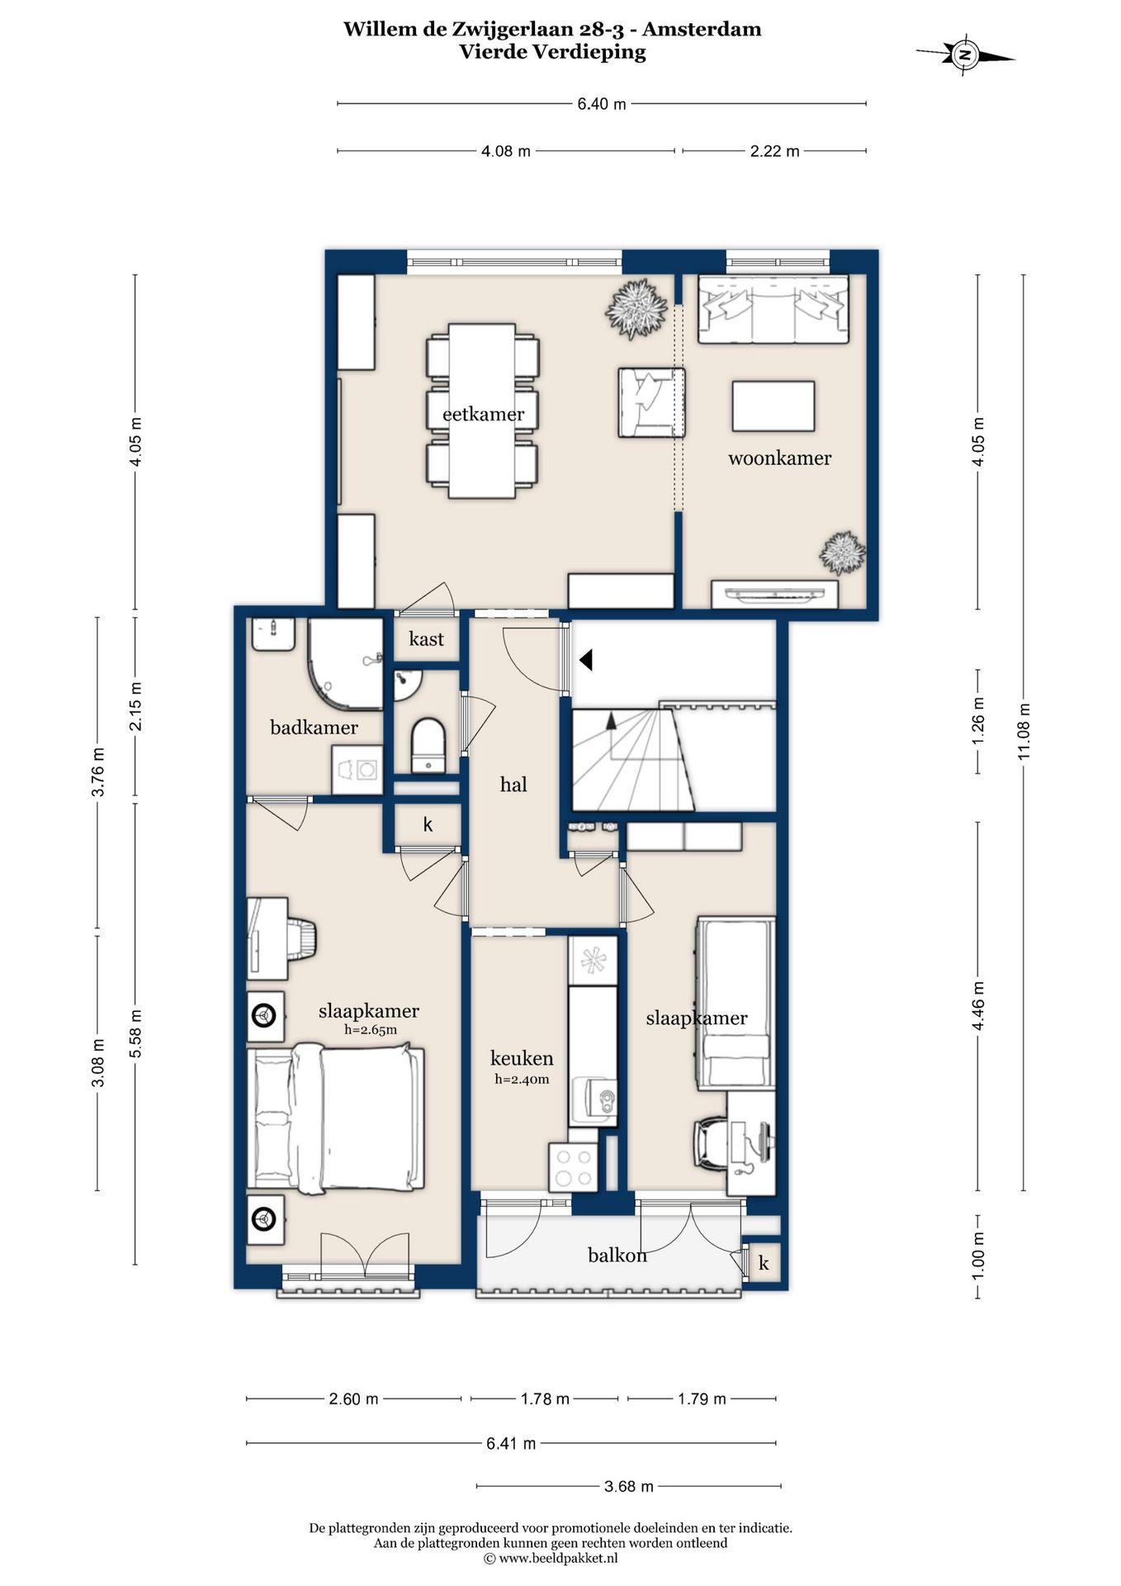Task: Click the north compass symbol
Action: (964, 56)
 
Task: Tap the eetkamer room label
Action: (483, 414)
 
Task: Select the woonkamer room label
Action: (779, 458)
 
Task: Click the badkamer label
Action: (314, 727)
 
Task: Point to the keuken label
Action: (522, 1058)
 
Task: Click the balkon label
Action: (617, 1255)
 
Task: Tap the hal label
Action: (513, 784)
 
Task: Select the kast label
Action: (426, 639)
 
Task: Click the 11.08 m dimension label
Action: (1024, 732)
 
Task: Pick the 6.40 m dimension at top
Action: (602, 104)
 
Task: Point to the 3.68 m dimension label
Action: (629, 1486)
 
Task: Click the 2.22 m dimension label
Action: (774, 151)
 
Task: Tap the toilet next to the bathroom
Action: (428, 744)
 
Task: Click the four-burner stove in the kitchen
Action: (573, 1167)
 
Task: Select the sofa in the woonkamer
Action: (773, 309)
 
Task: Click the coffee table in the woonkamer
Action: (773, 406)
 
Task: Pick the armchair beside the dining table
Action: (651, 402)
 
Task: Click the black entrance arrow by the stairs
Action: (586, 660)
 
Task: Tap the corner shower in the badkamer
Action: (345, 663)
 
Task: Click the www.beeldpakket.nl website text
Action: (551, 1559)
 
